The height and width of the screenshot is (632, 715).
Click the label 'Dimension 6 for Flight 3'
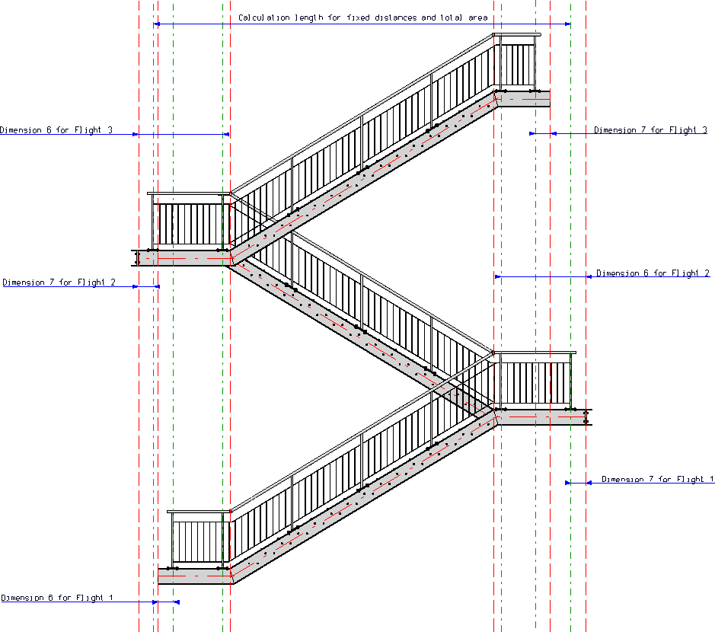tap(56, 130)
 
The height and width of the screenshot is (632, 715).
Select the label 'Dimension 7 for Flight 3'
tap(650, 130)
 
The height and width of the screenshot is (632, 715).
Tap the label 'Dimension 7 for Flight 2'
tap(59, 282)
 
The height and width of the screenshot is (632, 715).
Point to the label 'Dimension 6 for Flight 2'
tap(653, 273)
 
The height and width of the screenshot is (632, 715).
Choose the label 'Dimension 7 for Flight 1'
tap(658, 479)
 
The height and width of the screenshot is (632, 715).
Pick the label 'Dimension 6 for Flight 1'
tap(57, 598)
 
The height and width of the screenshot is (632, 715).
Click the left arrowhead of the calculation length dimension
tap(157, 24)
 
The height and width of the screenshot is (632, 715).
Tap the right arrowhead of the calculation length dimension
tap(567, 24)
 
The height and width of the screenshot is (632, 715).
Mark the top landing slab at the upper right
tap(522, 98)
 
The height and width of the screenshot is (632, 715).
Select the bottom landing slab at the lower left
tap(194, 576)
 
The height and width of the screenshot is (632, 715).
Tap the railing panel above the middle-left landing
tap(188, 224)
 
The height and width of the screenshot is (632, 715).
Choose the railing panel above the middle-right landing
tap(535, 383)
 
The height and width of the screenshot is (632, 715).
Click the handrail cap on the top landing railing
tap(518, 34)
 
